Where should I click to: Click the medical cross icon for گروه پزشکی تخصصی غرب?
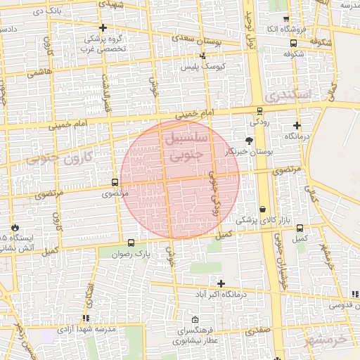coord(103,28)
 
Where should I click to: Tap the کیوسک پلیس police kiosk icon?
coord(203,56)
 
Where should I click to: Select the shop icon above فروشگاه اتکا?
coord(285,19)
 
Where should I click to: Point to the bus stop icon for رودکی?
coord(259,110)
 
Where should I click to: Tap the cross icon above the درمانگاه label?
coord(296,125)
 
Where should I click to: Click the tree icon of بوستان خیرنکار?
coord(248,141)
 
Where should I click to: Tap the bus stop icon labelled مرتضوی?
coord(115,183)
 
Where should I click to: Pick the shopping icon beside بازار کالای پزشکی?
coord(262,210)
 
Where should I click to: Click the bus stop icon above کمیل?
coord(300,228)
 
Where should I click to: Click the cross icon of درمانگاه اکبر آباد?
coord(221,283)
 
